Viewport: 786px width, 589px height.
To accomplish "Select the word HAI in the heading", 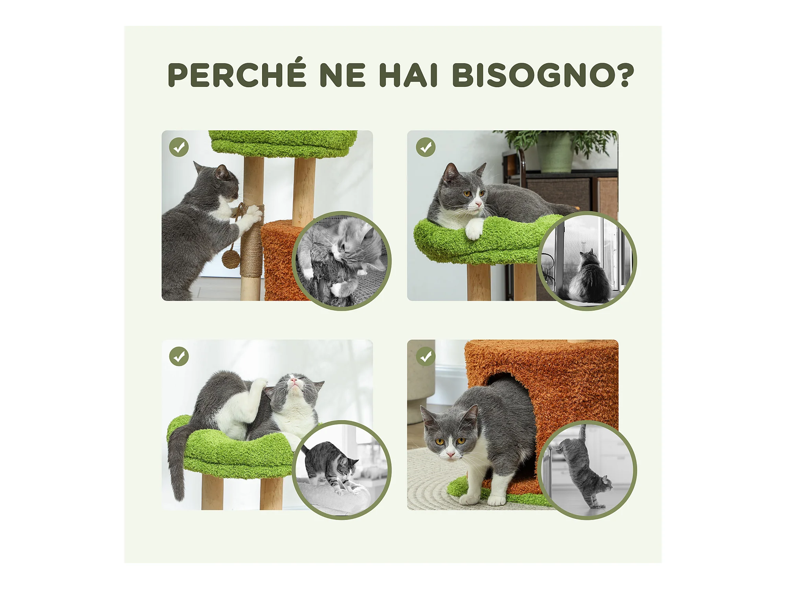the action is pos(408,75).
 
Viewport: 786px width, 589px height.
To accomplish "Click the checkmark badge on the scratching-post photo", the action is pos(179,147).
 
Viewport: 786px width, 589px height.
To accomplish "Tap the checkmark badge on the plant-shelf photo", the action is pos(426,147).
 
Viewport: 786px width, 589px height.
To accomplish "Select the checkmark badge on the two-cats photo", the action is pos(179,357).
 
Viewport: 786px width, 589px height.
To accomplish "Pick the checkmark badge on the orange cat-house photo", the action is pos(426,357).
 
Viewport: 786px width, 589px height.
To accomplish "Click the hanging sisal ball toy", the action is pos(231,259).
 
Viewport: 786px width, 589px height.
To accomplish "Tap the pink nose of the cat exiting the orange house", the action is pos(450,454).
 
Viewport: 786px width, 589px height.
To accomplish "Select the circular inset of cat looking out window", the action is pos(587,261).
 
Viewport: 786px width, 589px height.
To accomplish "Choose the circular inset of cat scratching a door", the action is pos(587,470).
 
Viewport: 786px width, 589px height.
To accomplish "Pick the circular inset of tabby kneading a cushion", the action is pos(341,470).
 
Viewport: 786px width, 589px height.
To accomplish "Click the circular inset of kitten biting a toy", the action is pos(341,261).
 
